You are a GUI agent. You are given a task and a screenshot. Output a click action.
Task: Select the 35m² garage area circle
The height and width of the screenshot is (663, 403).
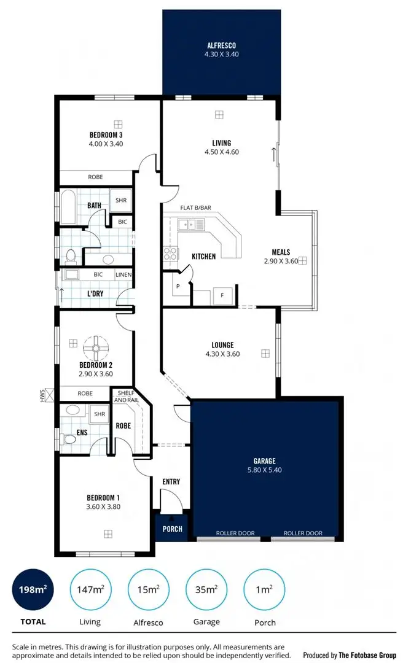coord(206,590)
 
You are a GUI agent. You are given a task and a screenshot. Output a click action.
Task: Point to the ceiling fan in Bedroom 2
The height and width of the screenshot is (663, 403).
coord(96,348)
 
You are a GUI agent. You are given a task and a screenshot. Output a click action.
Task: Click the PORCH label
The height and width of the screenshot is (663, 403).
coord(172,529)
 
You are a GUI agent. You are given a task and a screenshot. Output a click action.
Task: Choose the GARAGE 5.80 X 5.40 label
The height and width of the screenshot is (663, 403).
coord(265,465)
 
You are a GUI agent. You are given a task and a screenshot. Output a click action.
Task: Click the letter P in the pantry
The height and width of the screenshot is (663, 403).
coord(178,287)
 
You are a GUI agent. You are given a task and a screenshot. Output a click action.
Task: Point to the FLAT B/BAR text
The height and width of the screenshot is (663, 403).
coord(194,208)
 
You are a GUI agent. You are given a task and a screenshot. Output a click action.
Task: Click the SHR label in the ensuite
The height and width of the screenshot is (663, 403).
coord(99,414)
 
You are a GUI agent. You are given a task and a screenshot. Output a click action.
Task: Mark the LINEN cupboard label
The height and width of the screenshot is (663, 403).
coord(123,274)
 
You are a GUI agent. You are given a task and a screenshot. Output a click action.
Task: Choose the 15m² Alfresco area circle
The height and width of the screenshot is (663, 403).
coord(148,590)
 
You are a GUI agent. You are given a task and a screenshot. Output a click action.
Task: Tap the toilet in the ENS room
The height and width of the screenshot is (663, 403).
coord(68,437)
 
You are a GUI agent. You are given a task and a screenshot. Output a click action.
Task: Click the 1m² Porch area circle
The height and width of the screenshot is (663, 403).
coord(264,590)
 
